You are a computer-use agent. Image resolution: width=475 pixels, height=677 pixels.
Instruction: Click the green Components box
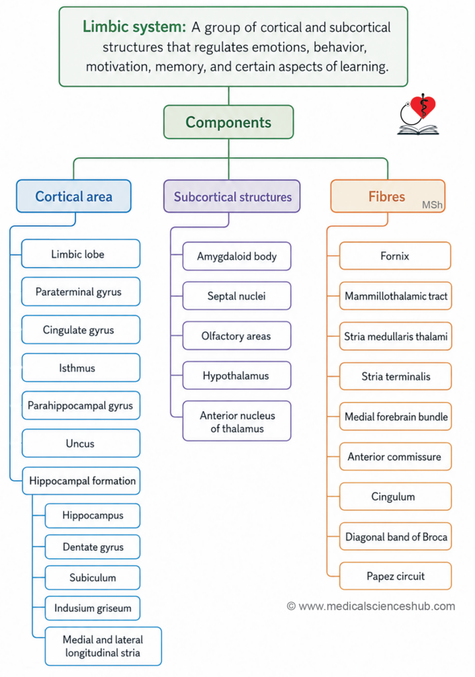pos(228,122)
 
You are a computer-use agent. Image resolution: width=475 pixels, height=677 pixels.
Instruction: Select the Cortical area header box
pos(73,196)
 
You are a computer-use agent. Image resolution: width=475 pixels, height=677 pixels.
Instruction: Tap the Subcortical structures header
pos(232,196)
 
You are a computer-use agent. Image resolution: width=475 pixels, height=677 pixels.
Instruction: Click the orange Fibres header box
pos(388,196)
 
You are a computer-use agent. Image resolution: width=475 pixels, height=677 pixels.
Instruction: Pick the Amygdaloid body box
pos(237,257)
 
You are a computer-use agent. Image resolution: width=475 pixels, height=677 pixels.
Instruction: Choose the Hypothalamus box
pos(237,376)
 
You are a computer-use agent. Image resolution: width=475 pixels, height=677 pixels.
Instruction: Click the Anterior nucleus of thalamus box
pos(237,421)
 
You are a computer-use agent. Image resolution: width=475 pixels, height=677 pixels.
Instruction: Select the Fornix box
pos(395,256)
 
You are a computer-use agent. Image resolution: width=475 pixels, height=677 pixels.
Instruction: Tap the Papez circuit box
pos(396,577)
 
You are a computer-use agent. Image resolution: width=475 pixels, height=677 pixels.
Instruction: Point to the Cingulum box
pos(396,497)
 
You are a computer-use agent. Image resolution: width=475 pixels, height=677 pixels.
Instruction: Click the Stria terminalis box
pos(396,376)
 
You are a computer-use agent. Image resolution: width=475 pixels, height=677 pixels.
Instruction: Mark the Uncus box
pos(81,444)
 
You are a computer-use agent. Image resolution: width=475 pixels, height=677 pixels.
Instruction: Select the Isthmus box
pos(81,368)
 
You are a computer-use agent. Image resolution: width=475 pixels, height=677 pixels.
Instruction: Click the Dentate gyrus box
pos(93,547)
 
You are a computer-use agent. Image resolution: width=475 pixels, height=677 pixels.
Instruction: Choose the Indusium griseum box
pos(93,608)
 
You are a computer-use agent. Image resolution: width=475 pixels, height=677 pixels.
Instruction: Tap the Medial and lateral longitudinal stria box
pos(103,647)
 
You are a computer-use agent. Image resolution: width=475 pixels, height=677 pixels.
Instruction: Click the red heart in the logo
pos(423,106)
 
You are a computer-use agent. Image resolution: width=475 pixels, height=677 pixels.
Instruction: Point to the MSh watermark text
pos(432,205)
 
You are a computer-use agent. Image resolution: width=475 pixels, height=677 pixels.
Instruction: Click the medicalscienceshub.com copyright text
pos(371,606)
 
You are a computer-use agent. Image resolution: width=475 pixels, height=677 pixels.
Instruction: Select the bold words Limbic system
pos(134,26)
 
